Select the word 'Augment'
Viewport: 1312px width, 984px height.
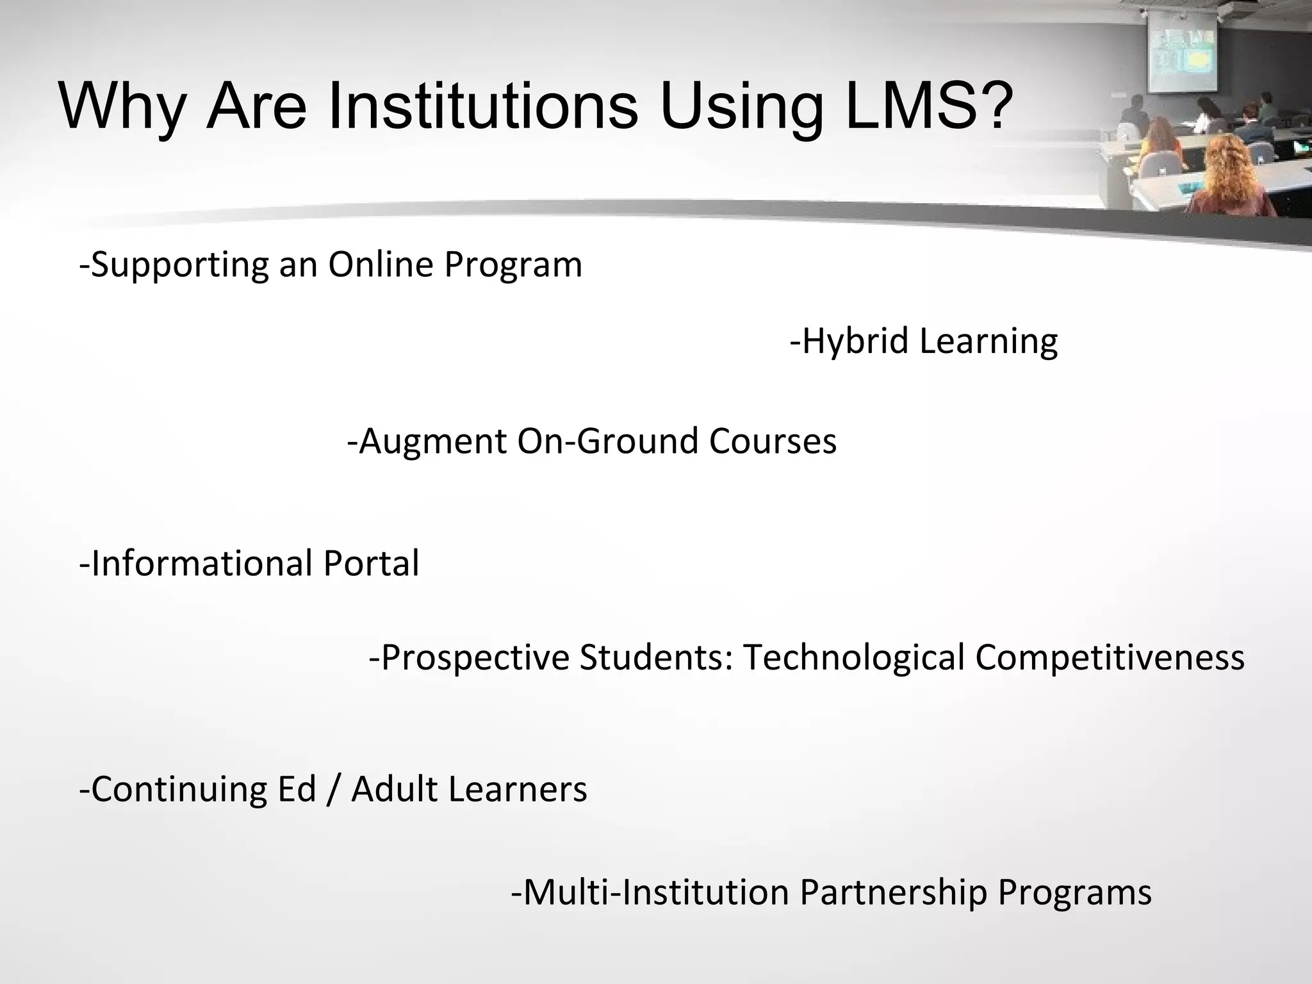[427, 441]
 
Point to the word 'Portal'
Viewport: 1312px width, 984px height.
[371, 563]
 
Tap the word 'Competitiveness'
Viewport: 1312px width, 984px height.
[1110, 658]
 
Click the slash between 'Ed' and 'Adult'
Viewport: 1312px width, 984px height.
[334, 789]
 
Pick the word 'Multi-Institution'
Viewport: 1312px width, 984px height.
[650, 892]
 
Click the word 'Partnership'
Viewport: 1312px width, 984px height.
[893, 892]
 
